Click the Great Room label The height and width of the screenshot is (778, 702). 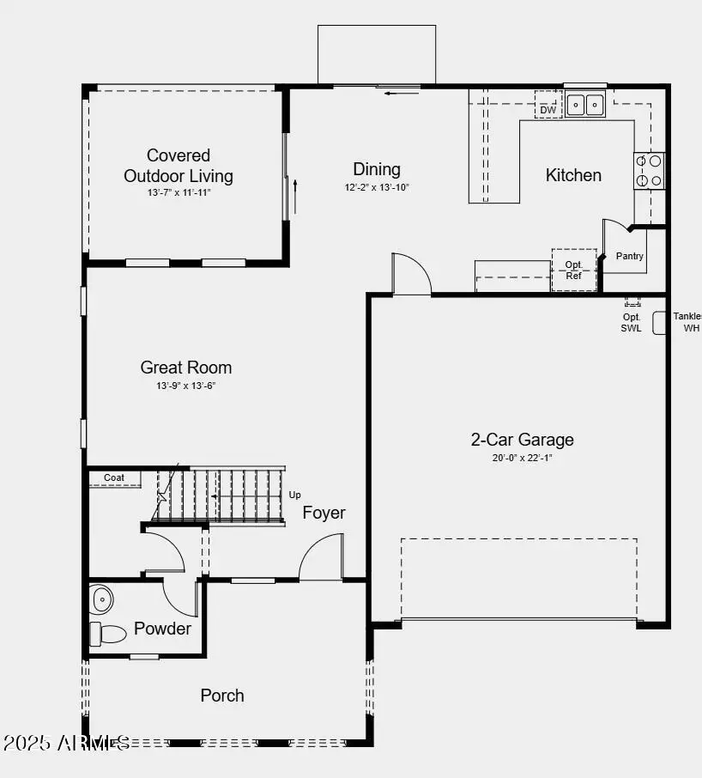186,368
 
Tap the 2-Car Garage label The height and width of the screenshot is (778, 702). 522,440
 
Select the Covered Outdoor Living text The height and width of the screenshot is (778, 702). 179,166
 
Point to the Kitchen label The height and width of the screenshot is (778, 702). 573,175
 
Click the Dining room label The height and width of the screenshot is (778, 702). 377,168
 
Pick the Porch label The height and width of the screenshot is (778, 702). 222,696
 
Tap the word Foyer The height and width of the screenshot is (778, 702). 324,513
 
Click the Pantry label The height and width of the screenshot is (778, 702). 630,257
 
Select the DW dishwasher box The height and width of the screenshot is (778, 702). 548,110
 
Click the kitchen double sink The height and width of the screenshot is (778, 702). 585,105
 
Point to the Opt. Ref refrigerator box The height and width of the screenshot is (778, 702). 573,270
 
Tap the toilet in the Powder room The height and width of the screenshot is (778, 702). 106,635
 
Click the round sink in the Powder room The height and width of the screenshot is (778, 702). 101,599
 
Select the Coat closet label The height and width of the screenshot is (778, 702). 114,477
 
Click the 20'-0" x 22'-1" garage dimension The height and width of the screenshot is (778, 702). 522,458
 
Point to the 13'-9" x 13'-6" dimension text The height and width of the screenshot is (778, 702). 186,386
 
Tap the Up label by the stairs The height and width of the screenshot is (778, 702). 294,495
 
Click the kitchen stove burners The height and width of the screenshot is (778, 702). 650,170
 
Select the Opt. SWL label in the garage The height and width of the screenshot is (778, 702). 632,323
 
